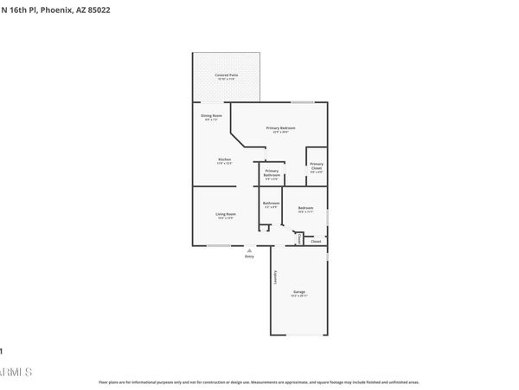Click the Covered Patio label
(x=227, y=75)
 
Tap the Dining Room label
(x=212, y=115)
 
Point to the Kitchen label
(x=224, y=159)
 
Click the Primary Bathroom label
(x=272, y=173)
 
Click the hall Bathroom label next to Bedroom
(x=271, y=204)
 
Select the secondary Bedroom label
(x=305, y=208)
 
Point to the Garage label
(x=299, y=292)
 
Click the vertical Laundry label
(x=275, y=278)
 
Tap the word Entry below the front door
(x=249, y=257)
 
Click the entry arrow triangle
(x=250, y=250)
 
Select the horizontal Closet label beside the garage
(x=316, y=241)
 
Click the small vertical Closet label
(x=299, y=237)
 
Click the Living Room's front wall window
(x=218, y=245)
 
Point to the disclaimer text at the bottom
(x=259, y=381)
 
